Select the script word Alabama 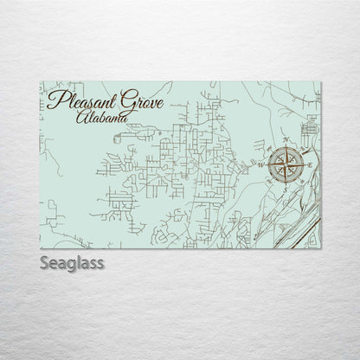point(98,116)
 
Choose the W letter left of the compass point(260,164)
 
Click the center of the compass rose point(285,164)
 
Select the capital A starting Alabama point(80,116)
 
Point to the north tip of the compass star point(285,145)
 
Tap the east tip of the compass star point(305,164)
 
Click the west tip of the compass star point(265,164)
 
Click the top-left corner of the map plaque point(42,81)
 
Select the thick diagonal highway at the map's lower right point(299,222)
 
